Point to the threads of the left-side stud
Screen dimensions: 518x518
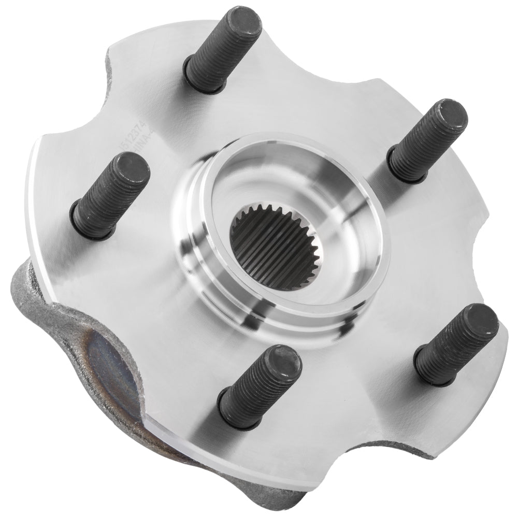[111, 197]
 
